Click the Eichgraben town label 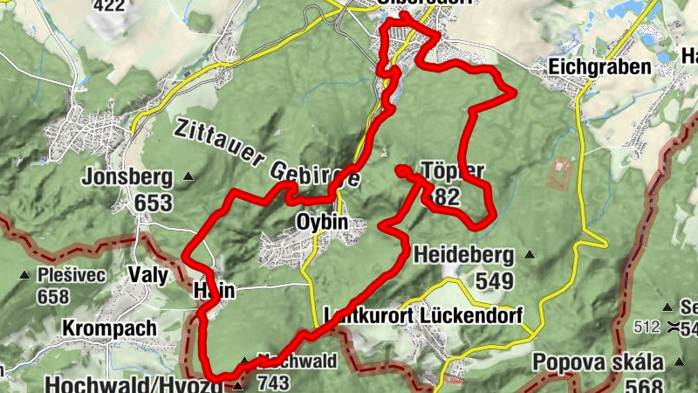599,67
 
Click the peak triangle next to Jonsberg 188,177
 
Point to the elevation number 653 153,203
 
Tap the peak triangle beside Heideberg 529,255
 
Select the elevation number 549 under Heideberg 496,281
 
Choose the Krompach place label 109,328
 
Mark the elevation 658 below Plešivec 53,296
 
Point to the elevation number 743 272,382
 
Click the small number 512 647,327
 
